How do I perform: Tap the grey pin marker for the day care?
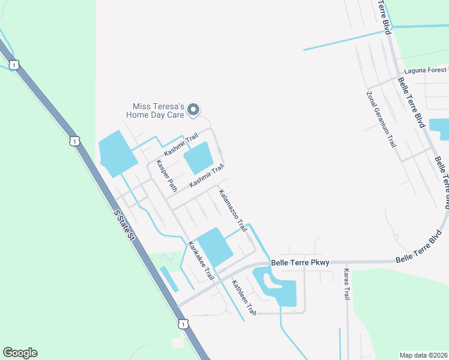pos(193,109)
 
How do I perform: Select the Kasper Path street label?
pos(167,176)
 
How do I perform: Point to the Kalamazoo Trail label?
pos(233,211)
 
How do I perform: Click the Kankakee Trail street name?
pos(201,261)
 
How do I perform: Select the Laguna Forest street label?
pos(426,70)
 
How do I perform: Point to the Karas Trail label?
pos(346,285)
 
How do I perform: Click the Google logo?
pos(20,353)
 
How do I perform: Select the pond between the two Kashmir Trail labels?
pos(198,157)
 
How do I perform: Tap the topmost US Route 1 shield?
pos(13,64)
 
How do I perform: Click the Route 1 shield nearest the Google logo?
pos(182,323)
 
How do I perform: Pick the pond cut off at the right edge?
pos(440,129)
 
